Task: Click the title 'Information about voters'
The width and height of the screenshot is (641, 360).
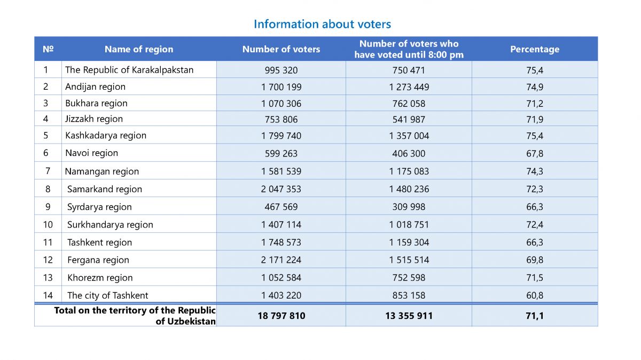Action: coord(322,24)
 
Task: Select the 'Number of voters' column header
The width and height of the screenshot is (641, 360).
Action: coord(281,49)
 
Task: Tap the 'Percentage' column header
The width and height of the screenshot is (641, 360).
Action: coord(535,49)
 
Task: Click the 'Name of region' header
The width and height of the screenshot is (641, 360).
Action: coord(139,49)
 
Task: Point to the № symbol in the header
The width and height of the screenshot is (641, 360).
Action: coord(48,49)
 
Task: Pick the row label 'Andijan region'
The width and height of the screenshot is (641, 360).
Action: coord(95,87)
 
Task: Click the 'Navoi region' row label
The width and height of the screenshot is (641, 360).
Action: coord(91,153)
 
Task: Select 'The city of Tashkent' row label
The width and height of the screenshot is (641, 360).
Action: coord(107,295)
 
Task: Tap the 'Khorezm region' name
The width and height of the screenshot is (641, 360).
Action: coord(100,278)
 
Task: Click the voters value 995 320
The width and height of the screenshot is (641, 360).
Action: coord(281,70)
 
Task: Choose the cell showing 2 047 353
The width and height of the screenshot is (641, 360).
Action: coord(281,189)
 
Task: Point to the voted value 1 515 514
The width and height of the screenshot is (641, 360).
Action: coord(409,260)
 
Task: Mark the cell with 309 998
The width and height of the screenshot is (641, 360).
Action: coord(409,207)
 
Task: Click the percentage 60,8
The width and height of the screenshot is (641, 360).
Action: coord(535,295)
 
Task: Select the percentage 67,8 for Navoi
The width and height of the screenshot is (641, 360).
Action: coord(535,153)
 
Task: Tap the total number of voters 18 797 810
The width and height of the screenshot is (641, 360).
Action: coord(281,316)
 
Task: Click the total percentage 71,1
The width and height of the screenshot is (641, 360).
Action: coord(535,316)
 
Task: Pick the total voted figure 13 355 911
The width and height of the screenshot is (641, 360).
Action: coord(409,316)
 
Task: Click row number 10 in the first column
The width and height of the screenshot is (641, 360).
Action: coord(48,225)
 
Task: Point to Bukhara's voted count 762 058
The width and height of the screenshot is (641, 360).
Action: coord(409,104)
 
